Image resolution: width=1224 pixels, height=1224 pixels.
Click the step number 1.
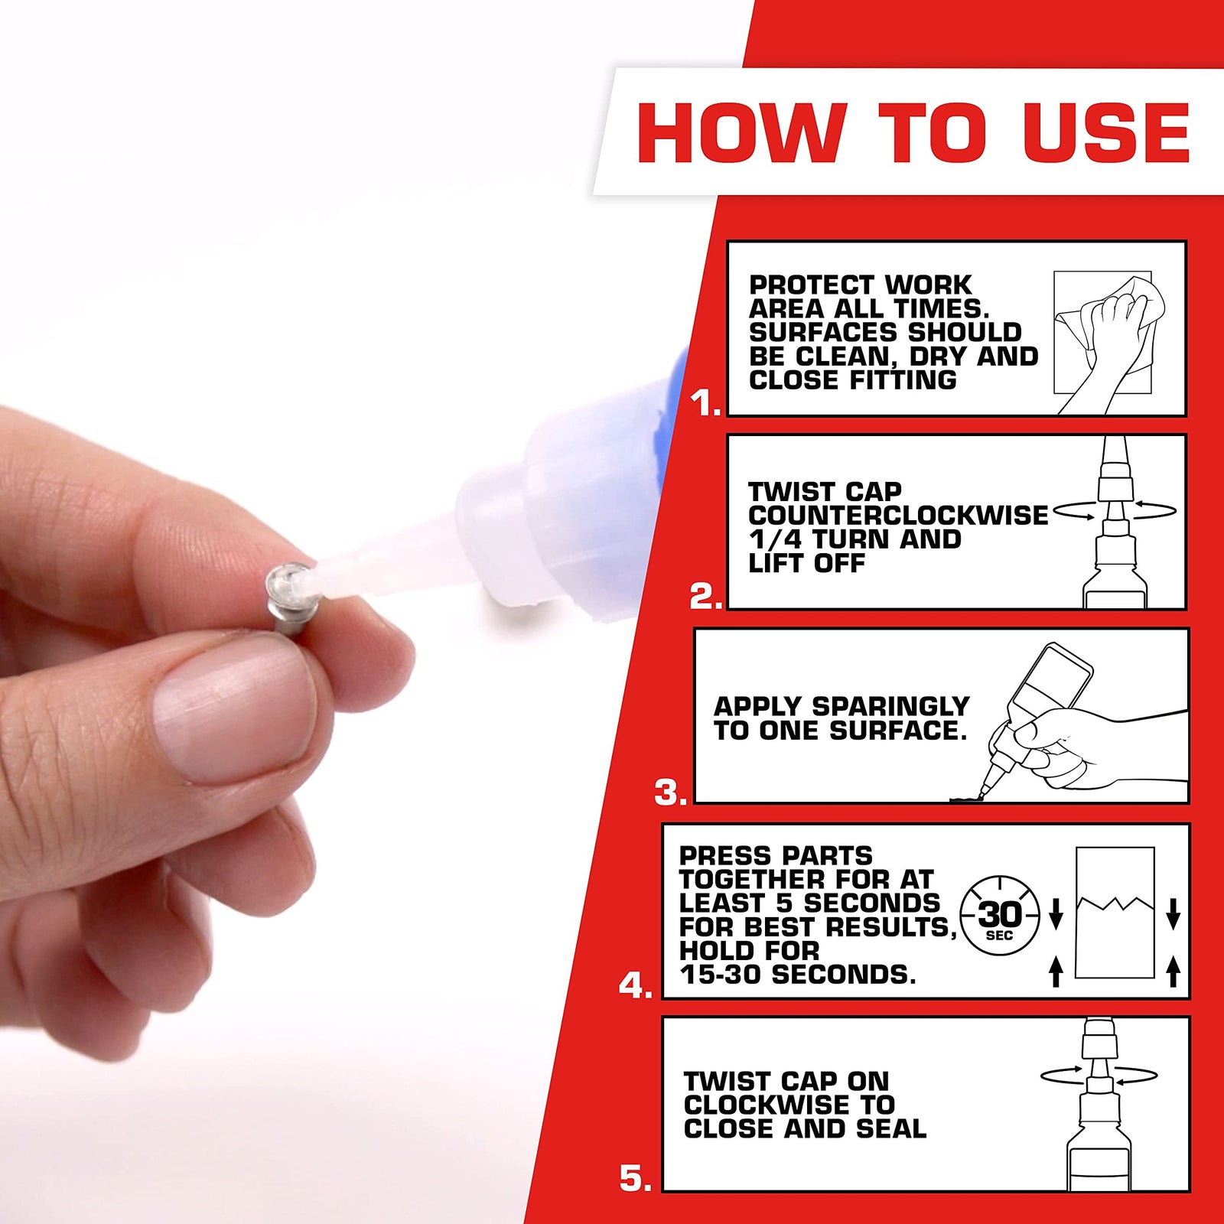tap(705, 403)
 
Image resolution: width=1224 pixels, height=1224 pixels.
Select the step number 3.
tap(670, 793)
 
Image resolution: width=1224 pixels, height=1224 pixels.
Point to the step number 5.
tap(635, 1179)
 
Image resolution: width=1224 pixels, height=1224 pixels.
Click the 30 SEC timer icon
tap(1000, 916)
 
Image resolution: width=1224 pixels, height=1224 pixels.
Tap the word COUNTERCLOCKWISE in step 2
tap(898, 516)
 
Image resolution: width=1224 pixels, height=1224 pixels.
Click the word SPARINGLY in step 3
tap(890, 706)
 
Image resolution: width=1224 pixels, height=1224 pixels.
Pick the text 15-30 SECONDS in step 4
tap(797, 975)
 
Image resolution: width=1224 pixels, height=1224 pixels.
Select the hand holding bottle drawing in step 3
tap(1071, 727)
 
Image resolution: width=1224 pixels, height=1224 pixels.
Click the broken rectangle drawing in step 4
tap(1115, 913)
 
